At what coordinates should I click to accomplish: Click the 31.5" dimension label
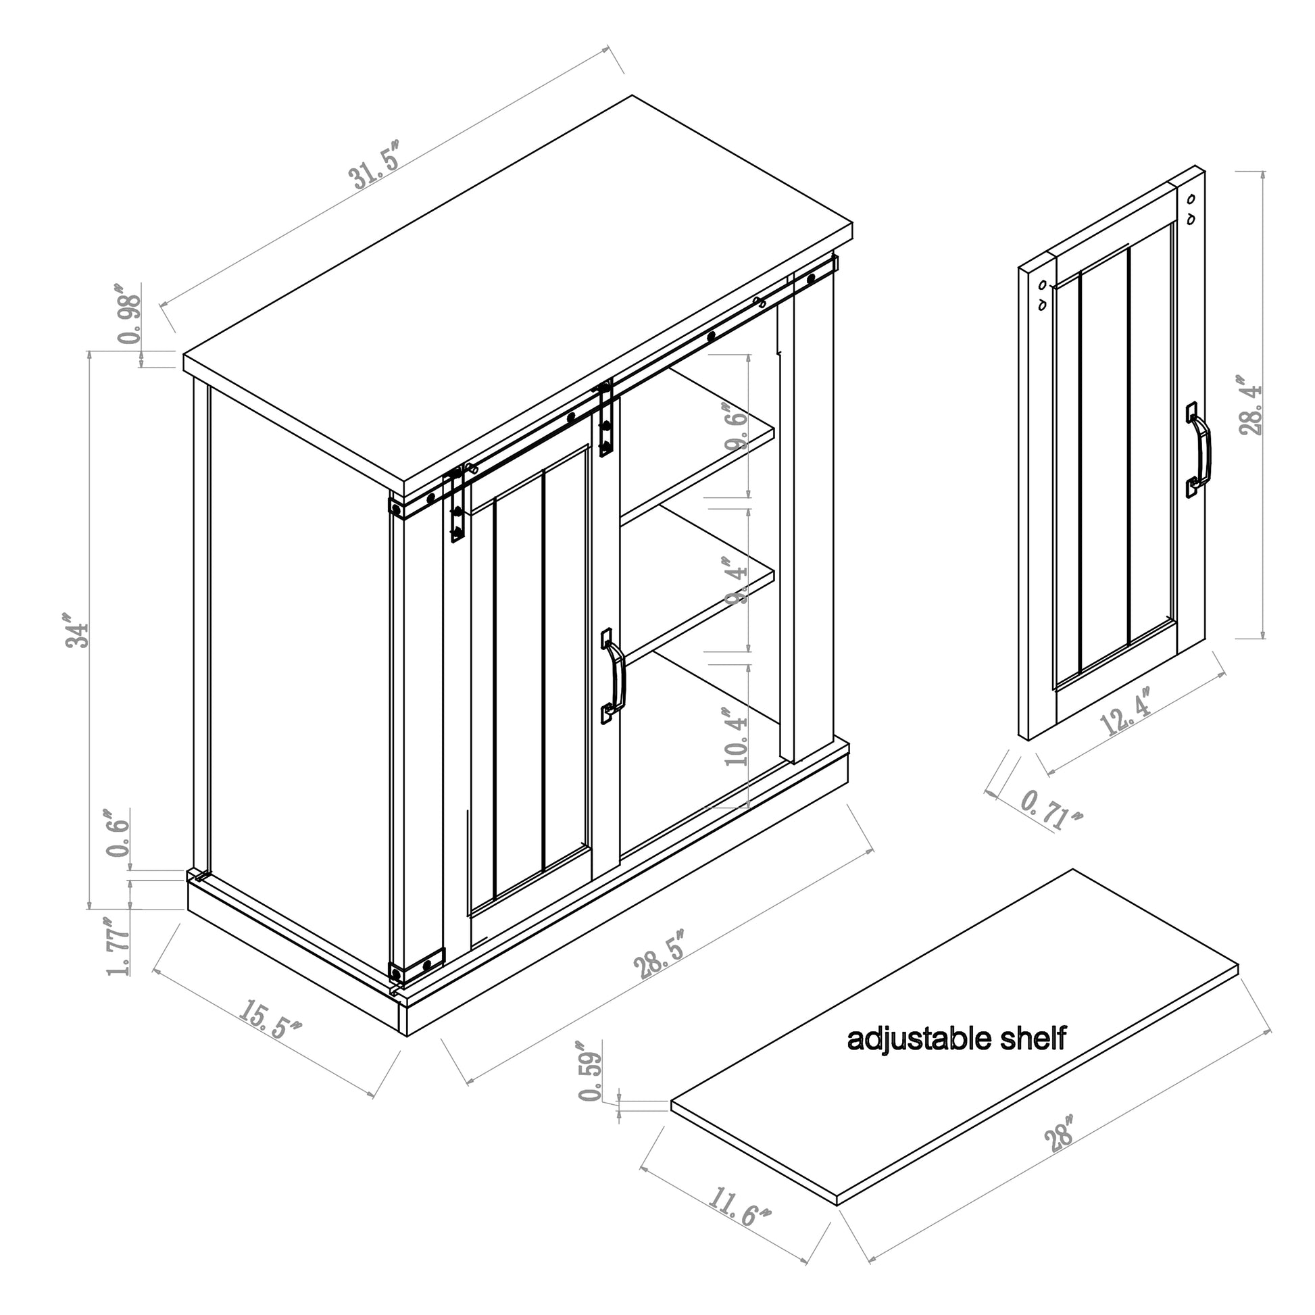[x=376, y=166]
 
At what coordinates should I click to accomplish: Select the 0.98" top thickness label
[x=129, y=314]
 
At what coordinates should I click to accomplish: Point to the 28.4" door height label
[x=1250, y=405]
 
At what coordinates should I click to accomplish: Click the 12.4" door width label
[x=1125, y=711]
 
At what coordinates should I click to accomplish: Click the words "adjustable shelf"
[x=956, y=1039]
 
